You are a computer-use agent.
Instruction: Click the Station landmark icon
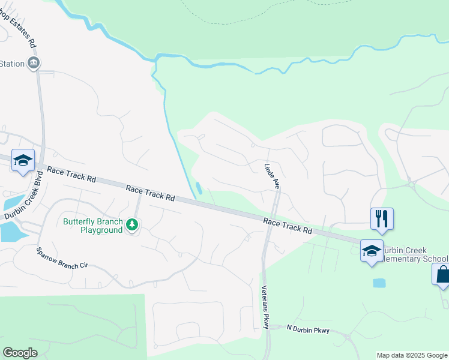pos(33,64)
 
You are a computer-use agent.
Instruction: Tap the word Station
pos(11,64)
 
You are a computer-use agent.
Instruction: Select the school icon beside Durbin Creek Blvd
pos(23,160)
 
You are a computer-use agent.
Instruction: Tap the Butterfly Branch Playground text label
pos(93,226)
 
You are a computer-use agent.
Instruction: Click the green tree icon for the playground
pos(132,226)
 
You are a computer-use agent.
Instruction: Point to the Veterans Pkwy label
pos(266,306)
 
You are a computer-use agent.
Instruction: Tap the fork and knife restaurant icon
pos(381,218)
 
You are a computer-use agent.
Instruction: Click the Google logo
pos(20,353)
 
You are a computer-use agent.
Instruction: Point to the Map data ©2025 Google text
pos(412,355)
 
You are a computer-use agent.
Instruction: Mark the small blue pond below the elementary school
pos(379,283)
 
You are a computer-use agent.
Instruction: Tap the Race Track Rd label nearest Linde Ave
pos(288,226)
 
